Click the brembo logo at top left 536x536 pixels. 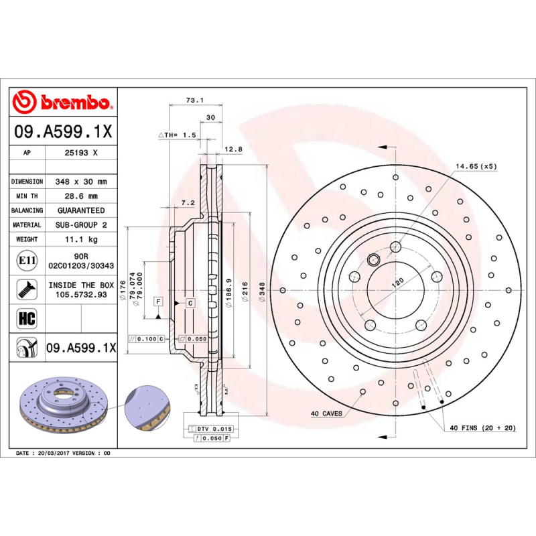(x=62, y=102)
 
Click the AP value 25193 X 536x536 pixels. (x=80, y=153)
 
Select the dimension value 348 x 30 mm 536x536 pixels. (x=80, y=182)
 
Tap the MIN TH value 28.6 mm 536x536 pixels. (x=80, y=196)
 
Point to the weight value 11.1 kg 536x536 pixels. (x=80, y=239)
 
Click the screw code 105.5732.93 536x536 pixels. (x=80, y=294)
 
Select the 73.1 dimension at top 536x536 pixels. (x=194, y=100)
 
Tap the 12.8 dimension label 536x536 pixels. (x=233, y=149)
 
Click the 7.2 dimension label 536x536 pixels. (x=188, y=202)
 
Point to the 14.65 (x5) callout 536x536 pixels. (x=476, y=165)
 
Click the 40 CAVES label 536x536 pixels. (x=326, y=413)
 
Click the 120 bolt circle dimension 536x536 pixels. (x=397, y=283)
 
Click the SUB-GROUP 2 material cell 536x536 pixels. (x=80, y=225)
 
